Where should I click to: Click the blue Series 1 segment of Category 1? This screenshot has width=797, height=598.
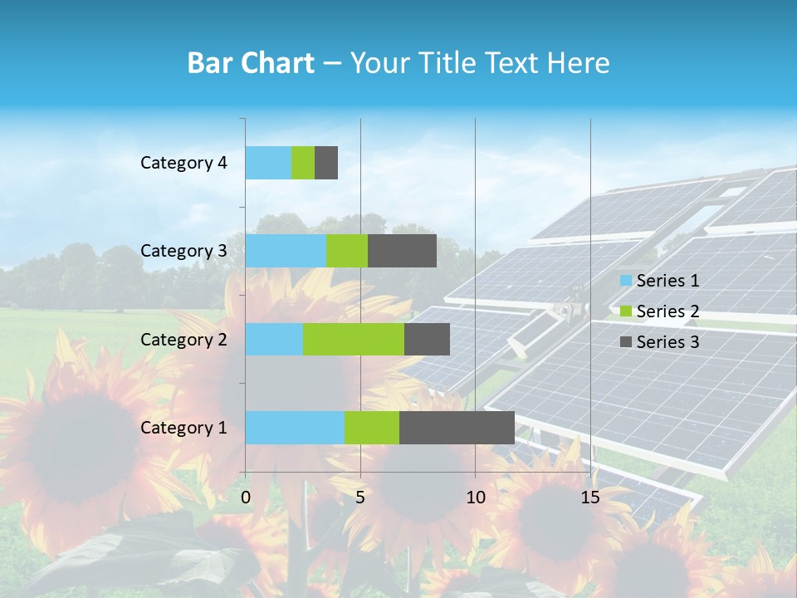tap(295, 428)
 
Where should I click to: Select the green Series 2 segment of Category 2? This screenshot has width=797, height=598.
tap(354, 339)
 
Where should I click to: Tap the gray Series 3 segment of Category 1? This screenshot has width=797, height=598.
tap(457, 428)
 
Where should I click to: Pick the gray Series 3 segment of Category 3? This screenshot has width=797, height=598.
tap(402, 251)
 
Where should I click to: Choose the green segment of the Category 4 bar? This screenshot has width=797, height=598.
tap(303, 163)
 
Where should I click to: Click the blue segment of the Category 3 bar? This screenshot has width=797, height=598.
tap(286, 251)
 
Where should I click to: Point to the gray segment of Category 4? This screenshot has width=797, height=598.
tap(326, 163)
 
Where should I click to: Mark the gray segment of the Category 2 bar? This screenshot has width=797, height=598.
tap(427, 339)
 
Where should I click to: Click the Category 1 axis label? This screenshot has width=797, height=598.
tap(183, 428)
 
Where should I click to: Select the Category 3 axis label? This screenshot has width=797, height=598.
tap(183, 251)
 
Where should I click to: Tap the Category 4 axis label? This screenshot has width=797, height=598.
tap(183, 163)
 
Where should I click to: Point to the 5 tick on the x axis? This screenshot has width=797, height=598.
tap(360, 498)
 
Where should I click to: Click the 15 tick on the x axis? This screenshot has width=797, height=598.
tap(590, 498)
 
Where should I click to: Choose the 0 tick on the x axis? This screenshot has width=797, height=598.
tap(246, 498)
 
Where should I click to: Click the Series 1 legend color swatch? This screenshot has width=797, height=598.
tap(626, 281)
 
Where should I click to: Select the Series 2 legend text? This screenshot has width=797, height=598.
tap(667, 311)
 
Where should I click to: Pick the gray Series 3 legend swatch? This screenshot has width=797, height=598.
tap(626, 341)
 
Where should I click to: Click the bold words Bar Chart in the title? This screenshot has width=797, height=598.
tap(251, 63)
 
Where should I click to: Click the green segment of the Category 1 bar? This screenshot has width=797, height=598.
tap(372, 428)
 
